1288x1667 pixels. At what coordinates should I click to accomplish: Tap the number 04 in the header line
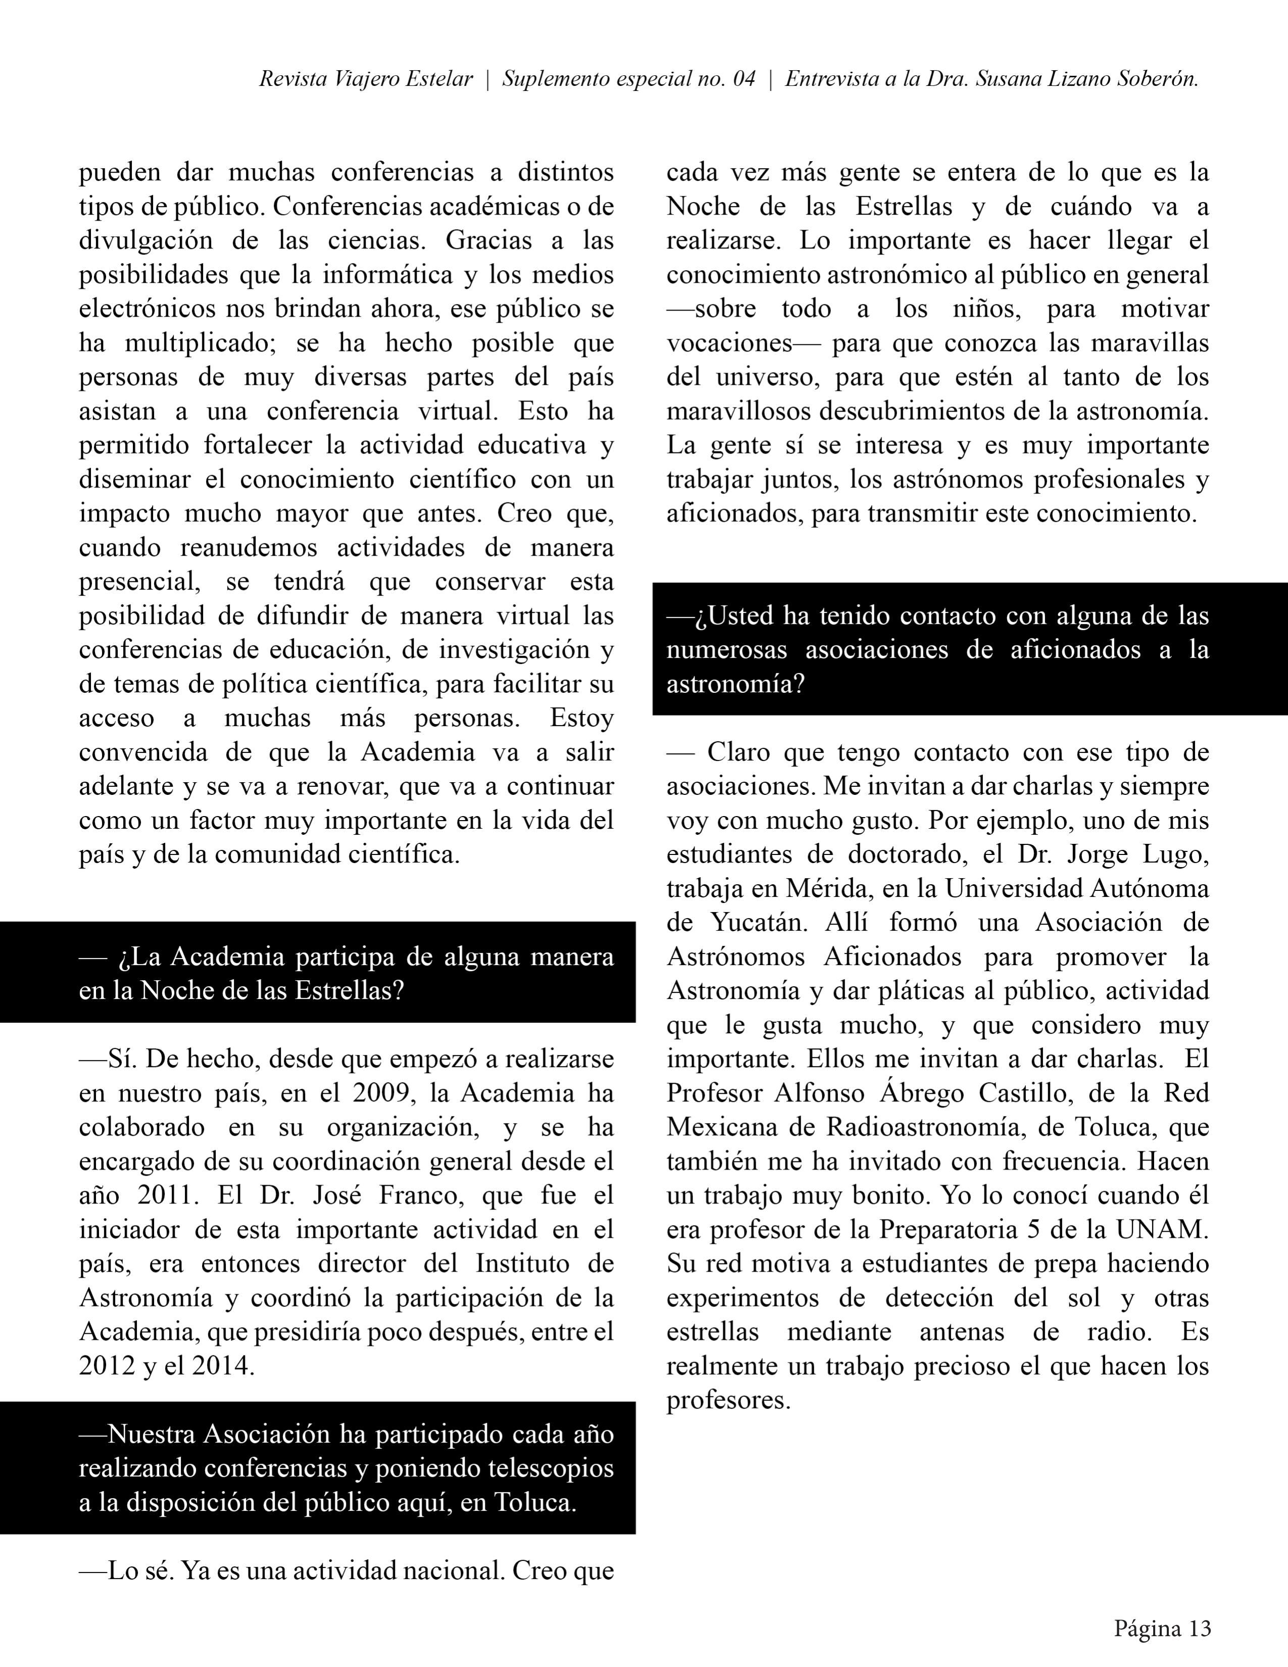pyautogui.click(x=744, y=79)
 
